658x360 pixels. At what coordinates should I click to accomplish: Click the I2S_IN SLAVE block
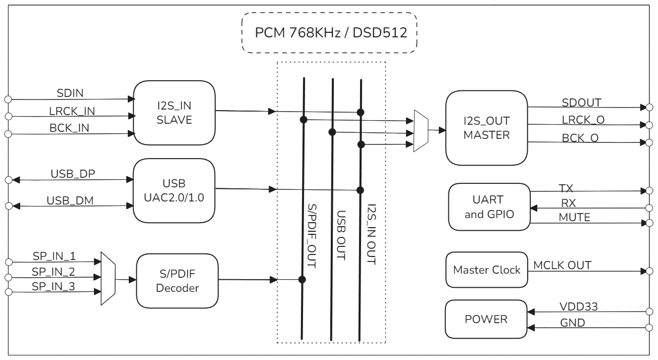174,113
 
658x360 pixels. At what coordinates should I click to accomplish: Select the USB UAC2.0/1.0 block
174,190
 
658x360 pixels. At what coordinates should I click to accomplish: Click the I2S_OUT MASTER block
486,127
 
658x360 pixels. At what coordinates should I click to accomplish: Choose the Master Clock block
486,270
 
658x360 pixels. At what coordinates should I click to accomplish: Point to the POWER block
486,320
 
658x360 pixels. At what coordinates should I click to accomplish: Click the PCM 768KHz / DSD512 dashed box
330,33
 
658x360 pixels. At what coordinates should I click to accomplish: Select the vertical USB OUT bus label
341,234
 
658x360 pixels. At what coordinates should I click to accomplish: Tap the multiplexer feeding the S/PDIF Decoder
108,278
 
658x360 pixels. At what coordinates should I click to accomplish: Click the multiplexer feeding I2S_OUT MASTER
421,131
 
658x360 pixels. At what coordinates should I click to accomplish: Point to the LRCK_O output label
583,119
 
